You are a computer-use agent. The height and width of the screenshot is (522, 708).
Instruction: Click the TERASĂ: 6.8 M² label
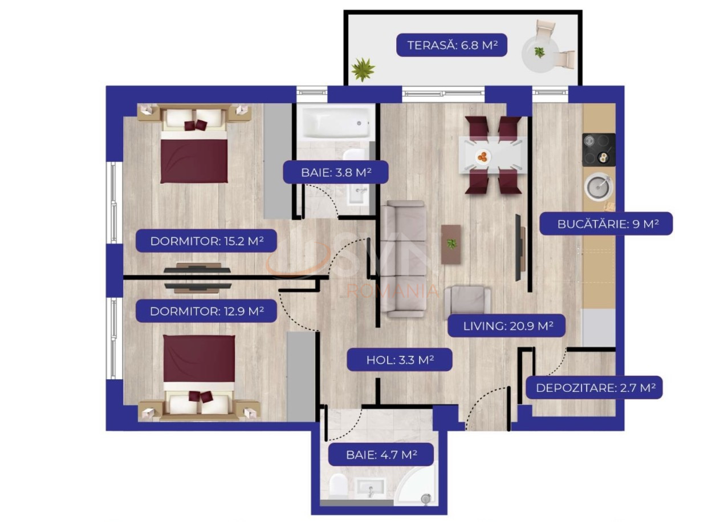[451, 45]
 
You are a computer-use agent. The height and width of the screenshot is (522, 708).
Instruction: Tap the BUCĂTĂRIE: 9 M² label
[605, 224]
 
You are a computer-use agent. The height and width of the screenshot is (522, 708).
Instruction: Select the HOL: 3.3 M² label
[400, 360]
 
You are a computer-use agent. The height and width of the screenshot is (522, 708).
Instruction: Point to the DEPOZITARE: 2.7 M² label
[594, 387]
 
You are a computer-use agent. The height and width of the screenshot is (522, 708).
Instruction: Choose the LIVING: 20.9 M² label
[506, 326]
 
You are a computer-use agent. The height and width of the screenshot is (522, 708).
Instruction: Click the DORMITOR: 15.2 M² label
[206, 241]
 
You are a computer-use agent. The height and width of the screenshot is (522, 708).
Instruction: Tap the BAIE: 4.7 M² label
[381, 455]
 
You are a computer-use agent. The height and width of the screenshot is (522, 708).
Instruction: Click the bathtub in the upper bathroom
[335, 123]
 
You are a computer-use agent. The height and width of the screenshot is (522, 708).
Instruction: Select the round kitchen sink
[599, 187]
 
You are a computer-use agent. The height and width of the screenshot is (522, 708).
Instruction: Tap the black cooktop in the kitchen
[599, 149]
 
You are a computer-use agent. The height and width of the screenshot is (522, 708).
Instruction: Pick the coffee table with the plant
[451, 244]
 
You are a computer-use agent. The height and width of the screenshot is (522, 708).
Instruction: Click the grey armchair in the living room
[468, 301]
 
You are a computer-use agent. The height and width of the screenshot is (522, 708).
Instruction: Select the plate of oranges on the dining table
[483, 156]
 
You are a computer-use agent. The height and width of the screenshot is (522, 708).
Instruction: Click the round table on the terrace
[540, 54]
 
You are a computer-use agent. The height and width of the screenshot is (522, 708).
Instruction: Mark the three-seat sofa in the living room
[402, 259]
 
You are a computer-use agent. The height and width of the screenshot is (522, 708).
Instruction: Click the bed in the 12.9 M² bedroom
[199, 378]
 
